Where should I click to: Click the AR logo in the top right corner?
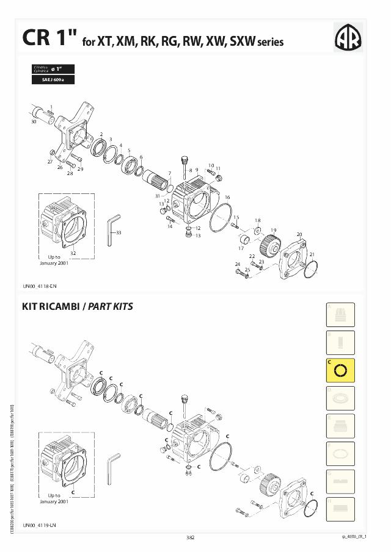click(348, 38)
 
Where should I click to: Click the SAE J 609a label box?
click(53, 80)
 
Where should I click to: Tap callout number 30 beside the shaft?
click(34, 122)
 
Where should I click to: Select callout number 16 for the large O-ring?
click(227, 197)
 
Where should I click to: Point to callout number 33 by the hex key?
click(119, 232)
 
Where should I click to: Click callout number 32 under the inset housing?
click(73, 253)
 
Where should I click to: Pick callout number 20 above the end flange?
click(299, 234)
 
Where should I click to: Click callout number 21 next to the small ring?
click(312, 254)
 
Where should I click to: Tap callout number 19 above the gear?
click(274, 230)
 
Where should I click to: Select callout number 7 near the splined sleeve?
click(169, 173)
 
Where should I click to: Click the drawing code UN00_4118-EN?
click(40, 285)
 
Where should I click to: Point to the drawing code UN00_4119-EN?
click(40, 525)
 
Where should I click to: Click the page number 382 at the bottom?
click(190, 537)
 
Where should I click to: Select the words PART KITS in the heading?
click(111, 307)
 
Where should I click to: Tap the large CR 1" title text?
click(48, 38)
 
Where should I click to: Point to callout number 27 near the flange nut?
click(50, 162)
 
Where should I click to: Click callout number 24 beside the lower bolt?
click(237, 264)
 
